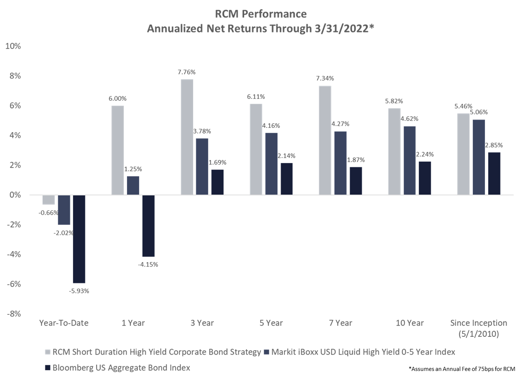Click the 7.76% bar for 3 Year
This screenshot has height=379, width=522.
(187, 137)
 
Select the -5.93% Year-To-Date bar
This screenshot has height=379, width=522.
(79, 239)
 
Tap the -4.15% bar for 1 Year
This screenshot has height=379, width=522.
(149, 226)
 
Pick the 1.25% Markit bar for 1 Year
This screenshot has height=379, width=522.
(133, 186)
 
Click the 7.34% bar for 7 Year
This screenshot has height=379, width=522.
(325, 141)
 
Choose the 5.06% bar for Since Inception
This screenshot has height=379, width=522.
(479, 157)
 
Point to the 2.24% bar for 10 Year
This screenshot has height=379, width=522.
(425, 178)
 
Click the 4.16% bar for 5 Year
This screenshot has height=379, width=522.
(271, 164)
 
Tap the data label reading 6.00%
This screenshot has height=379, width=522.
(118, 98)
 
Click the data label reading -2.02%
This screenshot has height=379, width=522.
(63, 233)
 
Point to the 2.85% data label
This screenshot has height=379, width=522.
(494, 145)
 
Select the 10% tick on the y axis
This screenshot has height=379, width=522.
(13, 46)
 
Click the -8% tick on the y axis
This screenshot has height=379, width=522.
(14, 314)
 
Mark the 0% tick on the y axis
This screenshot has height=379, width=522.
(15, 195)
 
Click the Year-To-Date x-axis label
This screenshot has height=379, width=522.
(64, 323)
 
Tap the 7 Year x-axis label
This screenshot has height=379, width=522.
(341, 323)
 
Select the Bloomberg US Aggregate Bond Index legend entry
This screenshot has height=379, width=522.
(118, 368)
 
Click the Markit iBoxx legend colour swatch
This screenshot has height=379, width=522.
(266, 352)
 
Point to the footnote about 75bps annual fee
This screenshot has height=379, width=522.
(462, 369)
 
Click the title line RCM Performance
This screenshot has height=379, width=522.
(261, 14)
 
